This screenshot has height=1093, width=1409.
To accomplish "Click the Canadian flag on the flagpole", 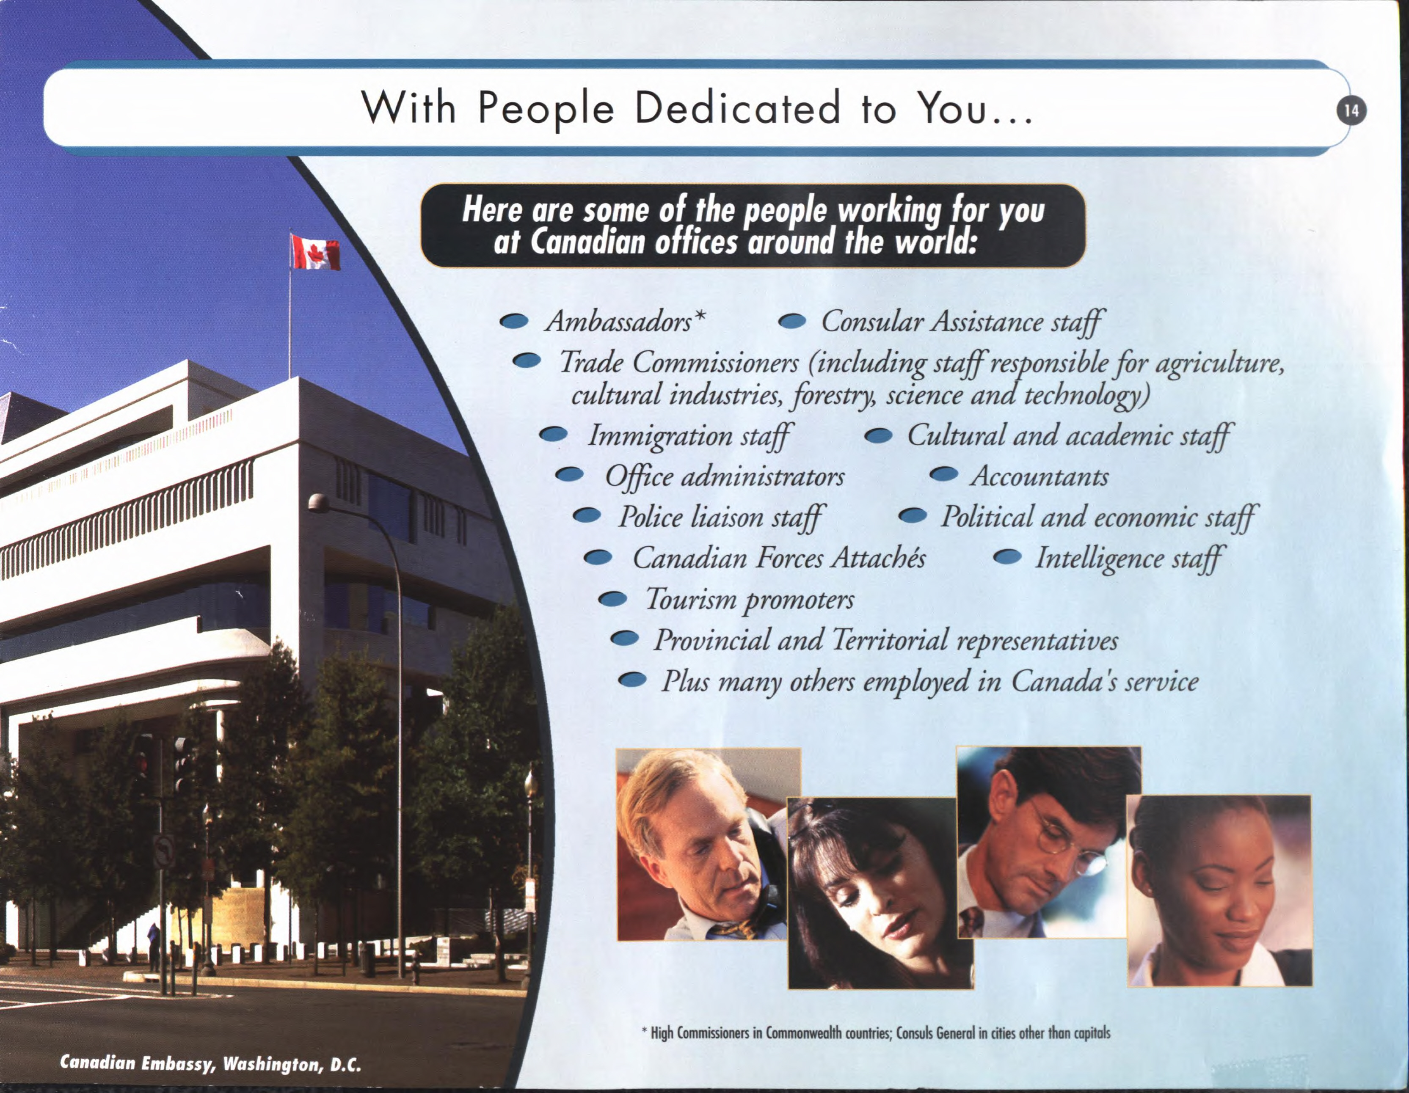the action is point(315,252).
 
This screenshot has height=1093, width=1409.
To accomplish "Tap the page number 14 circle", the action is point(1351,111).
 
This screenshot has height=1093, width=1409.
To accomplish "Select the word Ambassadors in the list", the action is point(618,320).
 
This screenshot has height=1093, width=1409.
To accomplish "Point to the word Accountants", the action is point(1040,476).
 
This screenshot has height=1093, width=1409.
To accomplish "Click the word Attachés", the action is point(878,557).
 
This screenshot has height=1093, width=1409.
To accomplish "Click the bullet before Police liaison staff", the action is point(587,515).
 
